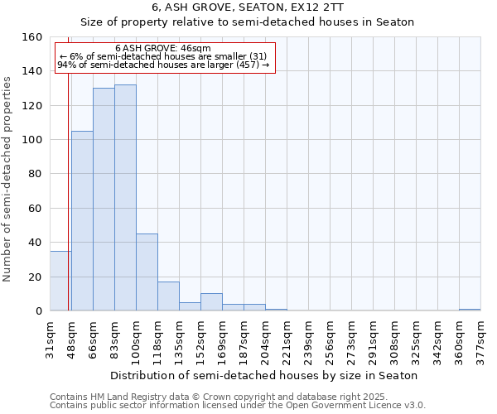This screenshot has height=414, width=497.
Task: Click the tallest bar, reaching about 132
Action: (x=125, y=198)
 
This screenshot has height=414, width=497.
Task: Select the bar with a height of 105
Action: (x=82, y=221)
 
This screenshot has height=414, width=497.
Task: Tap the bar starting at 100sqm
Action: (x=147, y=272)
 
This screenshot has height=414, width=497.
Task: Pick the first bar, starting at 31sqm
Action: (x=60, y=282)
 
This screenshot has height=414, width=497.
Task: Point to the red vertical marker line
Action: (x=68, y=207)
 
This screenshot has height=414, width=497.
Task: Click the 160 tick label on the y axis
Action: (x=31, y=37)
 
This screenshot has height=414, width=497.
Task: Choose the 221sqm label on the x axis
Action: (x=287, y=339)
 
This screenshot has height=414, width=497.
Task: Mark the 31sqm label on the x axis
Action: (x=50, y=339)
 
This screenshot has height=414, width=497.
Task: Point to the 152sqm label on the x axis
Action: (x=200, y=339)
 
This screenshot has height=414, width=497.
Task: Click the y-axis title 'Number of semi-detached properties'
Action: (x=8, y=176)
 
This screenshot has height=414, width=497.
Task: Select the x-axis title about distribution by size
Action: (x=263, y=375)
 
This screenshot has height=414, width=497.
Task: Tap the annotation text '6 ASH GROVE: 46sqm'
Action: (x=163, y=49)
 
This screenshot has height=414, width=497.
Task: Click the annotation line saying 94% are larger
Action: (x=163, y=65)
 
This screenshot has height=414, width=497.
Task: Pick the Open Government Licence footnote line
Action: (x=238, y=406)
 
